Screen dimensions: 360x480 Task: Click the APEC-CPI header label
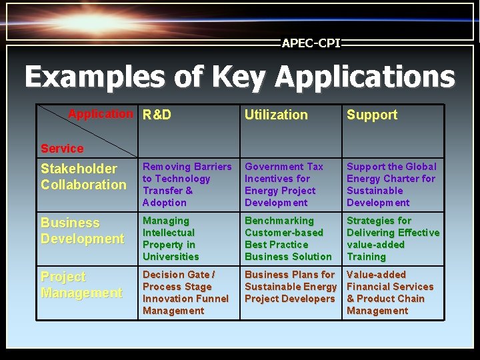click(x=311, y=43)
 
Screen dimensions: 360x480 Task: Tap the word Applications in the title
click(x=365, y=77)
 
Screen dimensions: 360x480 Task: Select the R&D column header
click(x=157, y=115)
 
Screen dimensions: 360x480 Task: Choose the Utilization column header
click(x=276, y=115)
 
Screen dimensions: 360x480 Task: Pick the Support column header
click(x=371, y=115)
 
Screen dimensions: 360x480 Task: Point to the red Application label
click(x=101, y=114)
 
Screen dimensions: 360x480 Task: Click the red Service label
click(x=62, y=149)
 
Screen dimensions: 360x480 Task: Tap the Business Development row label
click(x=82, y=231)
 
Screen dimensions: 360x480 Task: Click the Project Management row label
click(x=81, y=285)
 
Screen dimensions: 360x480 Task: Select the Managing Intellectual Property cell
click(x=171, y=239)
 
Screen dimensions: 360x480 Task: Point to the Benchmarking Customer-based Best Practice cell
click(x=287, y=239)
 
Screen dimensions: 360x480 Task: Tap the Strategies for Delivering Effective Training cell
click(x=393, y=239)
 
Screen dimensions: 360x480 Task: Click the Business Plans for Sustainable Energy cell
click(x=290, y=287)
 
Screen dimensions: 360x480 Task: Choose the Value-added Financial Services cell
click(x=389, y=293)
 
